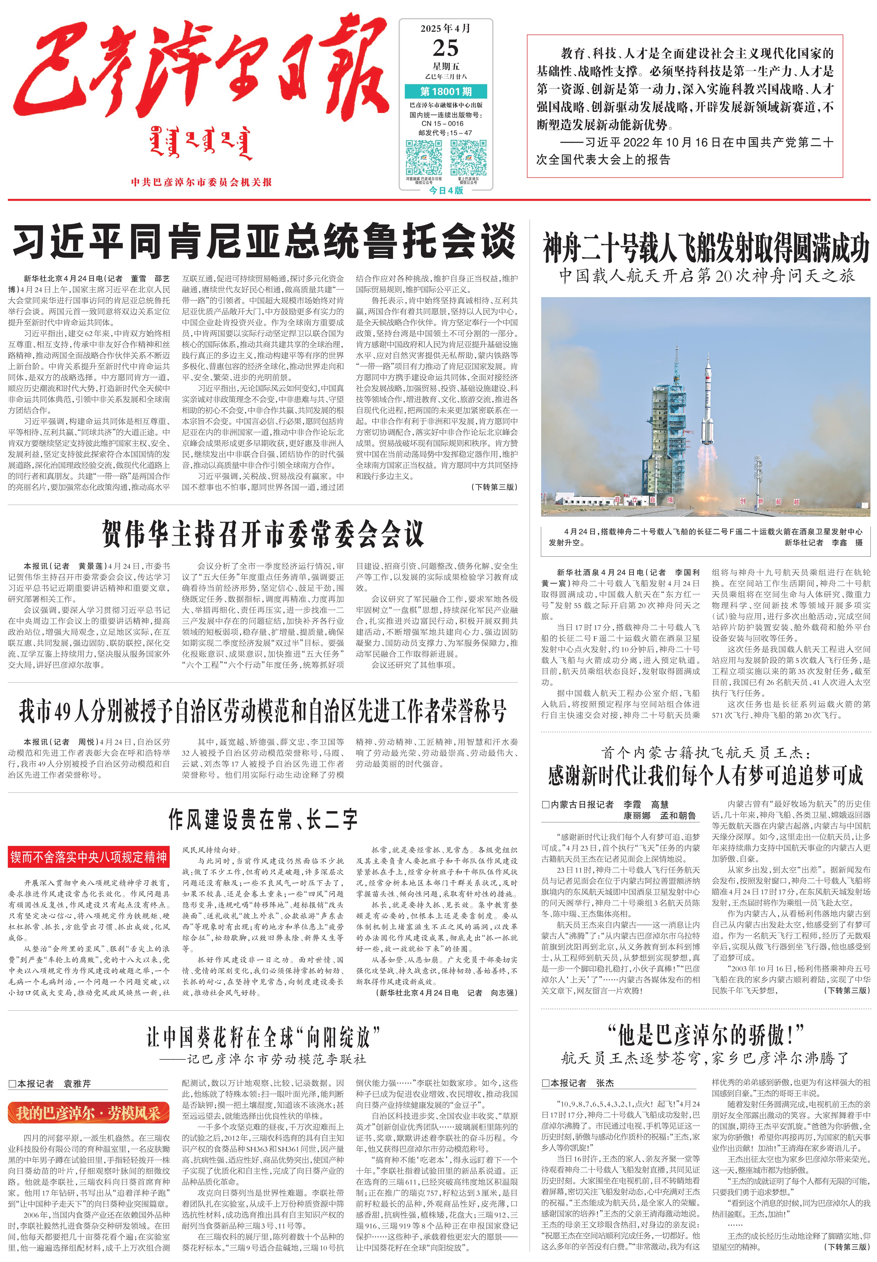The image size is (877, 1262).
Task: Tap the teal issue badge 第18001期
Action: tap(446, 91)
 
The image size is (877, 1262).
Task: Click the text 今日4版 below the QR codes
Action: tap(446, 190)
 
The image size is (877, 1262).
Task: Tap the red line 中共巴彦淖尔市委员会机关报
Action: tap(201, 182)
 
